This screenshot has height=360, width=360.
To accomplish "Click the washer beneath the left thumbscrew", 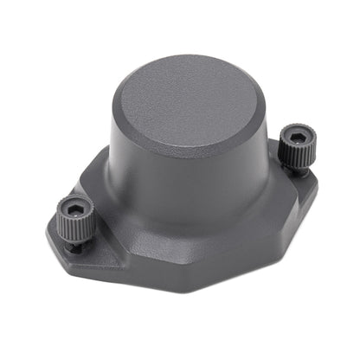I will click(77, 246).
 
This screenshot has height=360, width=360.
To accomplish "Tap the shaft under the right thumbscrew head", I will click(298, 170).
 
